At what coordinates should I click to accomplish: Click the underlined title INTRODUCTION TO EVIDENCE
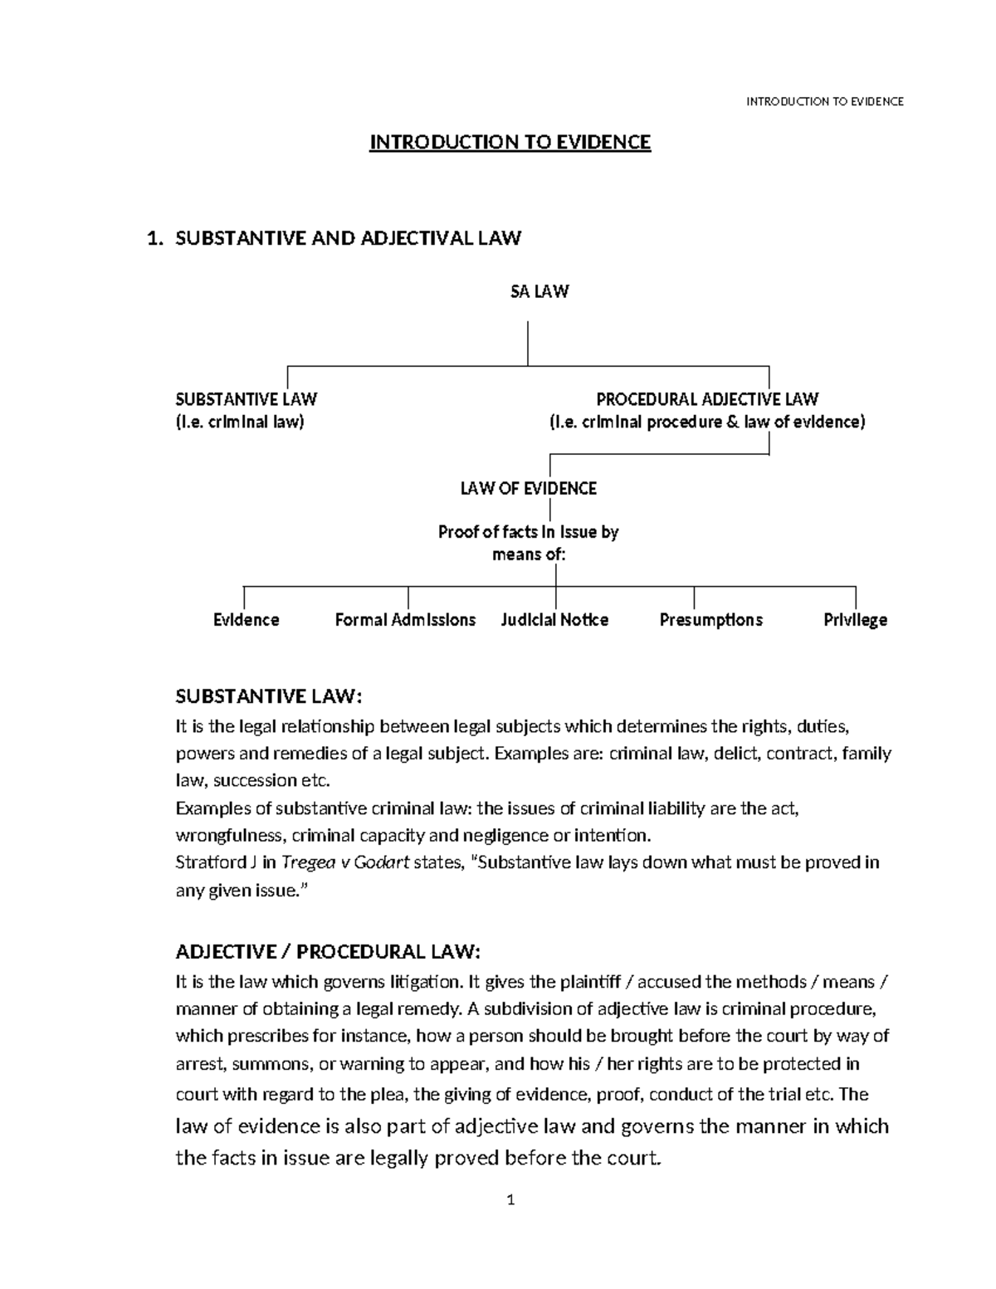click(x=510, y=143)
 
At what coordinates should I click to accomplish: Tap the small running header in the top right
click(x=824, y=101)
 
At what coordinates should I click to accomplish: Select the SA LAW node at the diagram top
click(x=539, y=291)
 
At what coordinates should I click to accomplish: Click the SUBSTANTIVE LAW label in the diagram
click(x=246, y=399)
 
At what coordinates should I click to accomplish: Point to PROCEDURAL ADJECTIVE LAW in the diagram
click(x=707, y=399)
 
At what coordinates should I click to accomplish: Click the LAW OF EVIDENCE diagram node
click(x=529, y=489)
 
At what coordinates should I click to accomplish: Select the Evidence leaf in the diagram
click(x=246, y=620)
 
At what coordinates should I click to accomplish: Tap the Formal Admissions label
click(x=405, y=620)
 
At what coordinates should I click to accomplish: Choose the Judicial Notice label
click(x=554, y=620)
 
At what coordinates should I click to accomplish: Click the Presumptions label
click(x=710, y=620)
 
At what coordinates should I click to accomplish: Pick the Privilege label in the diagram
click(x=855, y=620)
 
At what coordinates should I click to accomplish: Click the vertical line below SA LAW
click(x=528, y=342)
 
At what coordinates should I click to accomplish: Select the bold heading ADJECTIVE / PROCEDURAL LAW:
click(x=328, y=950)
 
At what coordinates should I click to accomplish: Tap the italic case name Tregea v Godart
click(x=345, y=862)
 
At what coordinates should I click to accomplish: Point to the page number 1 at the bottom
click(x=511, y=1199)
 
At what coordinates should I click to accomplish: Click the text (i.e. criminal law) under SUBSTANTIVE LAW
click(x=240, y=422)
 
